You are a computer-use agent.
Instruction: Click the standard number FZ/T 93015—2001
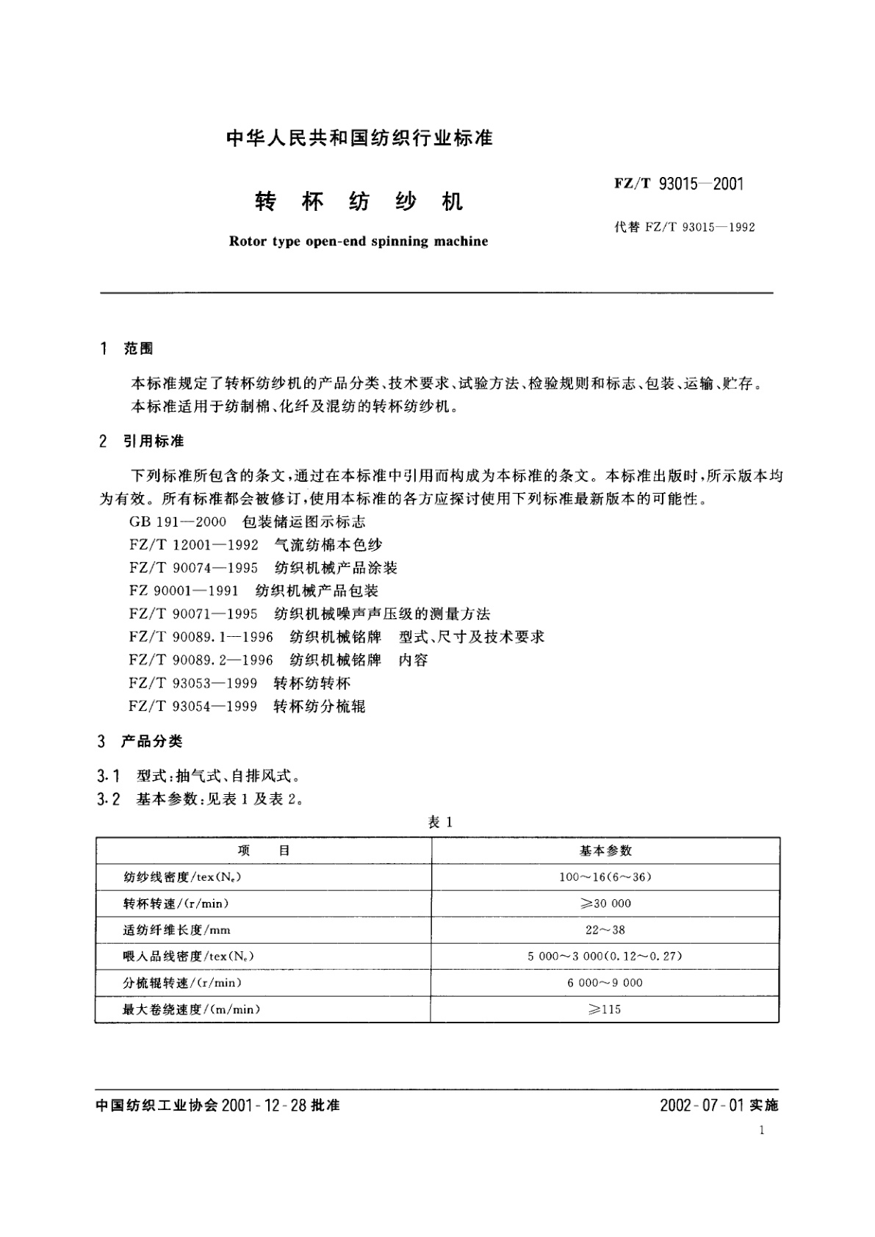point(679,184)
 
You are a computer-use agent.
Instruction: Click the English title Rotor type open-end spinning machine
point(359,241)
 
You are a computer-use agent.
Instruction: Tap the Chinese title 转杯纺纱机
point(359,201)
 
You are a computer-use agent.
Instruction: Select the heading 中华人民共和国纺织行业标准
point(359,137)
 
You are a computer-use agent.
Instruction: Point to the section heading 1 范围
point(126,348)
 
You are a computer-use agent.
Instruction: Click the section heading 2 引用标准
point(141,441)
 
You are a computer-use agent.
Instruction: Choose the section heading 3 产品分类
point(140,741)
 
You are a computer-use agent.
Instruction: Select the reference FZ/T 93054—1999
point(193,706)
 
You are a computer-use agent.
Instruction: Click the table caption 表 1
point(440,822)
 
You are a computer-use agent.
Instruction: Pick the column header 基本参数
point(605,850)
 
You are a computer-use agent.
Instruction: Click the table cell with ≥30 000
point(605,903)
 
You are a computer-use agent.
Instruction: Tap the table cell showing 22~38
point(605,929)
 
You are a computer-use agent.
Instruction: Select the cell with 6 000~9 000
point(605,982)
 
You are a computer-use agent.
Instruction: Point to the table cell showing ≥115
point(605,1009)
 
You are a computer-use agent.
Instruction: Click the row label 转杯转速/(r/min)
point(181,903)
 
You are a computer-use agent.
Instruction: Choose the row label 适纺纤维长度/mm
point(177,929)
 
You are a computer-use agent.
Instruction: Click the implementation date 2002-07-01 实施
point(719,1105)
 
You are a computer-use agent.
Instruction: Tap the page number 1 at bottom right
point(762,1130)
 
